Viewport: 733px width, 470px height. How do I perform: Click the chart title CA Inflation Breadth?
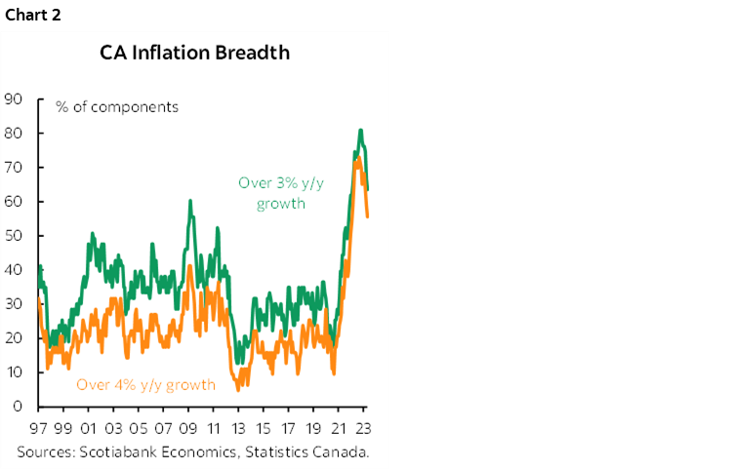pyautogui.click(x=195, y=53)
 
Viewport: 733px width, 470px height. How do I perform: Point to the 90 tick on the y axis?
pyautogui.click(x=14, y=98)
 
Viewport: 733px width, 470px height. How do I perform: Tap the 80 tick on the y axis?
pyautogui.click(x=14, y=133)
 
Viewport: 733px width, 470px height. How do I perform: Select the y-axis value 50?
pyautogui.click(x=14, y=236)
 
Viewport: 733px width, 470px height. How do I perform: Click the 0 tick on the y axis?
pyautogui.click(x=19, y=407)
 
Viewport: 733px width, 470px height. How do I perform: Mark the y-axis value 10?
pyautogui.click(x=14, y=372)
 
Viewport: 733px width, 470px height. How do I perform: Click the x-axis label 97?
pyautogui.click(x=38, y=427)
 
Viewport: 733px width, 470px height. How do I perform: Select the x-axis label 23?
pyautogui.click(x=363, y=427)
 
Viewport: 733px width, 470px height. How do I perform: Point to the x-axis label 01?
pyautogui.click(x=88, y=427)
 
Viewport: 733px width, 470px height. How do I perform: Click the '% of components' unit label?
pyautogui.click(x=117, y=107)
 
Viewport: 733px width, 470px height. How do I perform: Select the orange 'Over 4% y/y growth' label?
pyautogui.click(x=145, y=384)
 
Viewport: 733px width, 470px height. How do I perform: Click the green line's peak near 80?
pyautogui.click(x=360, y=130)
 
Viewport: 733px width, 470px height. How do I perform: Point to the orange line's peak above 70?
pyautogui.click(x=358, y=157)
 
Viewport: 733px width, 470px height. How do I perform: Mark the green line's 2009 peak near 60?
pyautogui.click(x=189, y=201)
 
